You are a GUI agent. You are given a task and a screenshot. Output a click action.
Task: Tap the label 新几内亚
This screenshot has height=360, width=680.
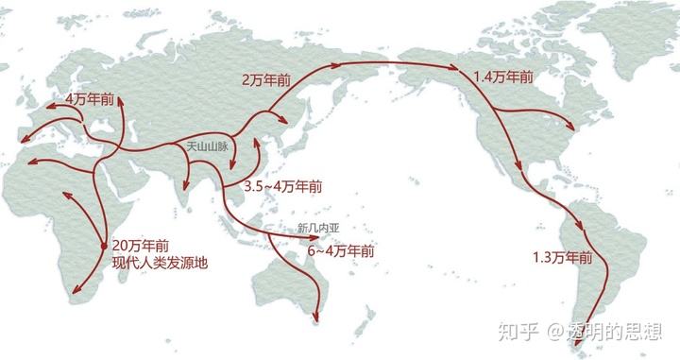click(x=316, y=229)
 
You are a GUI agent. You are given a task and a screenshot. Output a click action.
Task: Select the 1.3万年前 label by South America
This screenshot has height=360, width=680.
click(x=561, y=257)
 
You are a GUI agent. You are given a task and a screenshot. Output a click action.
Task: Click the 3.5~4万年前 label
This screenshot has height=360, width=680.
click(x=281, y=187)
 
